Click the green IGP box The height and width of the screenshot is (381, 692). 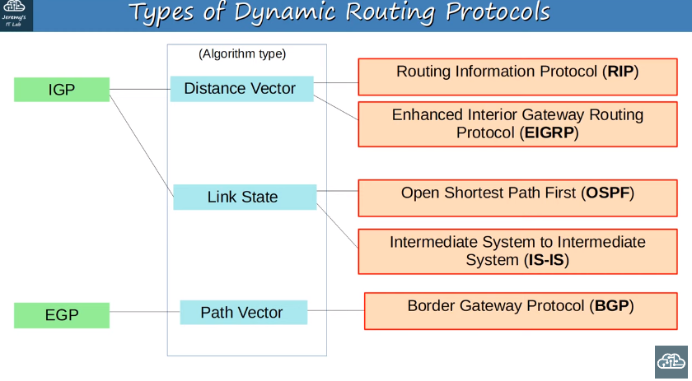[x=62, y=90]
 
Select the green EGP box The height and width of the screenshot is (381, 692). [x=62, y=315]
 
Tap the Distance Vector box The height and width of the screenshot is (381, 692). [x=242, y=89]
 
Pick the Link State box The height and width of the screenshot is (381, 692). [x=245, y=197]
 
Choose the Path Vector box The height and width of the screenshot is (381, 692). [x=244, y=312]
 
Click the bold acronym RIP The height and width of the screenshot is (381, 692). [x=620, y=72]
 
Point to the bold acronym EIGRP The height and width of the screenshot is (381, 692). [x=549, y=132]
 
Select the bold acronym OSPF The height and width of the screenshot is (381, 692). [x=608, y=193]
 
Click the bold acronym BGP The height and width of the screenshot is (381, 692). [x=611, y=306]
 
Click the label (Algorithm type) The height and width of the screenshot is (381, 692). [x=242, y=53]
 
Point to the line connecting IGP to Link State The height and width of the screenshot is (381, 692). [x=141, y=146]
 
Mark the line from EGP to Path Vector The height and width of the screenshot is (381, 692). [x=145, y=312]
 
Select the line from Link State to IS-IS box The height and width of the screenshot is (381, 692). [x=337, y=225]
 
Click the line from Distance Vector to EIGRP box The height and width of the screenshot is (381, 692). [x=336, y=108]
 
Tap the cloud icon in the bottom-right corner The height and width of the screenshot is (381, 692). [x=671, y=362]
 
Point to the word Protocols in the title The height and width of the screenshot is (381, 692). [x=498, y=12]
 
